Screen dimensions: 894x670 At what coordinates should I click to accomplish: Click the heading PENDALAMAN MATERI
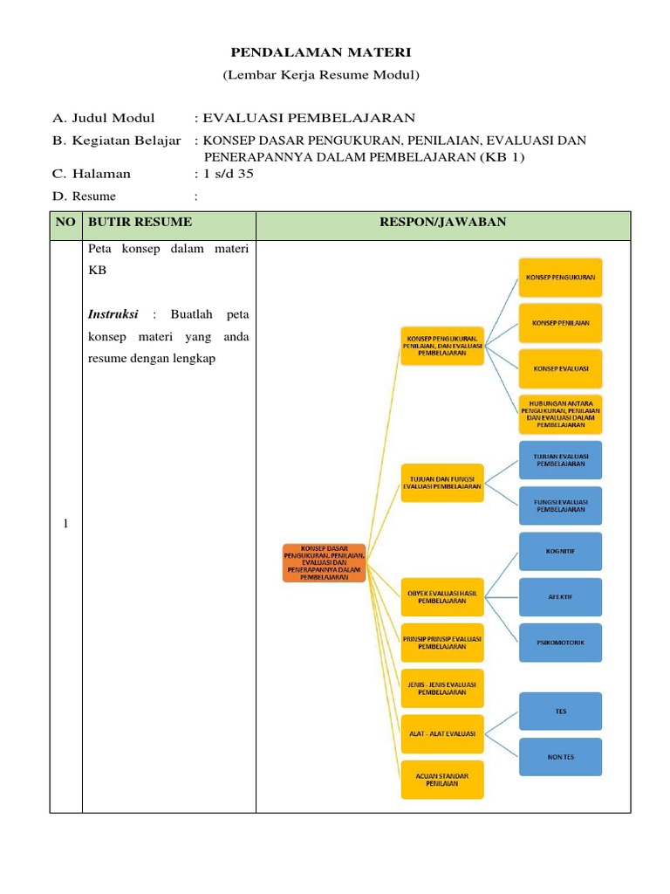(x=321, y=54)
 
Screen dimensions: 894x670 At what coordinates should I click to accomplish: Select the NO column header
(x=65, y=223)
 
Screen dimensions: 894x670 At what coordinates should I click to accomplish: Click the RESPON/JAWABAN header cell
(x=442, y=223)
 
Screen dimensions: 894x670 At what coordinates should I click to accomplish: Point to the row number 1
(x=65, y=524)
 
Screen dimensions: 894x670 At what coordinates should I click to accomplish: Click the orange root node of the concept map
(x=324, y=563)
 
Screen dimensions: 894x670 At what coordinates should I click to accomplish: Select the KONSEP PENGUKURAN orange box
(x=560, y=278)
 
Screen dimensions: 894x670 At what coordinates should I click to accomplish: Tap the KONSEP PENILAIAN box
(x=560, y=323)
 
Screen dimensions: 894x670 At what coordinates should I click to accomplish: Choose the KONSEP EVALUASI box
(x=560, y=368)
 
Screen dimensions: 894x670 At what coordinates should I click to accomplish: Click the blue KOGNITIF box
(x=560, y=552)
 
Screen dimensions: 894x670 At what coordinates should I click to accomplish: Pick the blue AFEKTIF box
(x=560, y=597)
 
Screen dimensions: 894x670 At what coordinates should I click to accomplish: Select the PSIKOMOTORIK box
(x=560, y=643)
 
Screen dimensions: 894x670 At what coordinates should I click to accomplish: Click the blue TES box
(x=560, y=712)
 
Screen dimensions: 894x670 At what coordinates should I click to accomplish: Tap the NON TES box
(x=560, y=756)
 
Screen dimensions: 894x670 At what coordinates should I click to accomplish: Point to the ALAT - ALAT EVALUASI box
(x=441, y=734)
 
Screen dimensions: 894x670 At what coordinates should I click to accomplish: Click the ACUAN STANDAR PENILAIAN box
(x=441, y=779)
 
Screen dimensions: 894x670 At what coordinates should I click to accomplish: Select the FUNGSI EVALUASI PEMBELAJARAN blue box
(x=560, y=506)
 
